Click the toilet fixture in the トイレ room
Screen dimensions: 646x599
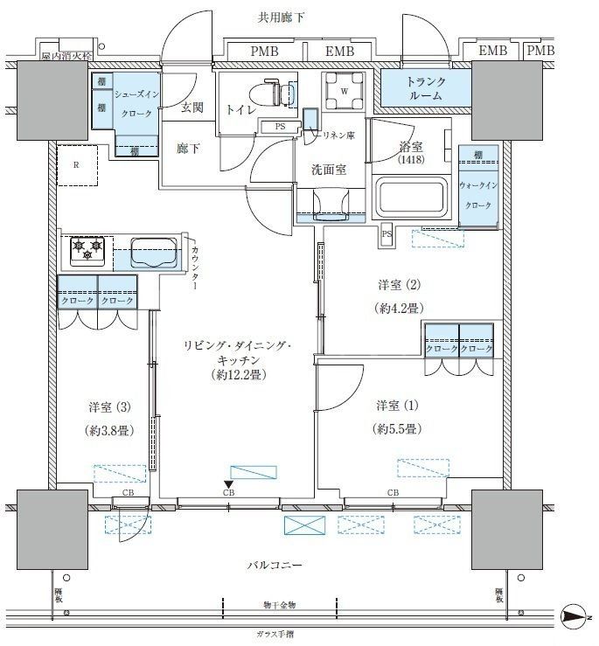[271, 92]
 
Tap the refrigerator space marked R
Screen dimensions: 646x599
[78, 164]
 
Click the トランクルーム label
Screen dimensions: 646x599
[425, 88]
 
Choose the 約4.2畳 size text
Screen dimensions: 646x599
[397, 308]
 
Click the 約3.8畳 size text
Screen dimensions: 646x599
[109, 430]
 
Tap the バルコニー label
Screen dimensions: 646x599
[275, 566]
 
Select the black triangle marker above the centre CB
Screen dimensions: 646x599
[228, 483]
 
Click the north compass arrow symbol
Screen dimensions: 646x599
[573, 617]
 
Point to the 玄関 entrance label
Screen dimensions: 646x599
[192, 108]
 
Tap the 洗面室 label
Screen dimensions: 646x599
[329, 170]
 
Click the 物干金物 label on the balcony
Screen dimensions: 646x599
[279, 605]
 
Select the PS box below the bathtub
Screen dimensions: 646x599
[386, 233]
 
